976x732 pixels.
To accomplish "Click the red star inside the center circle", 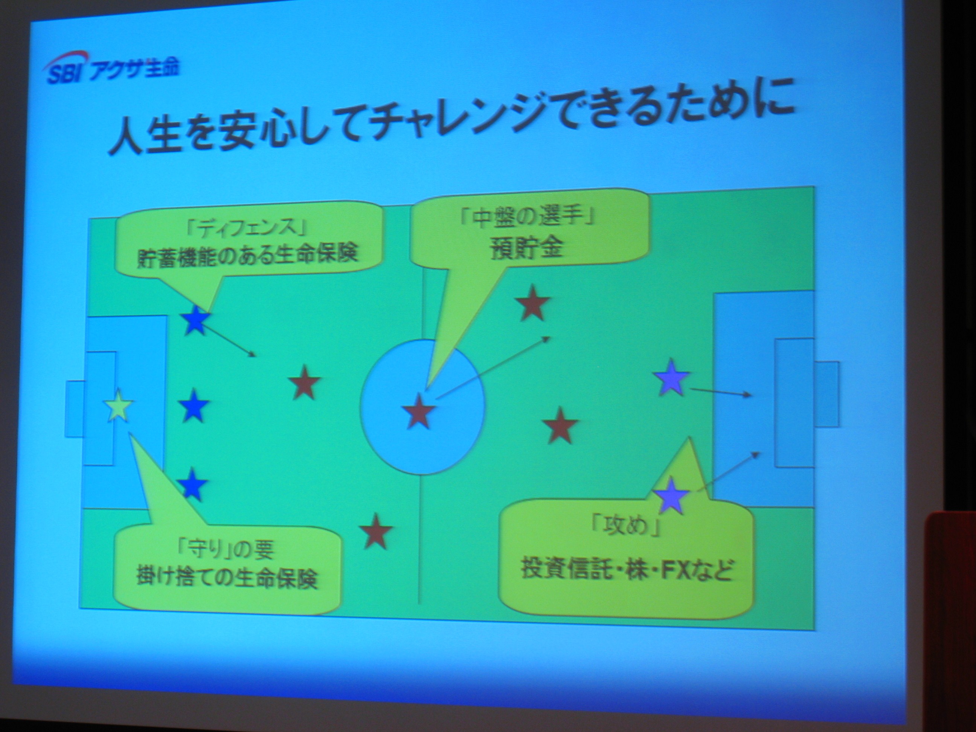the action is coord(418,411).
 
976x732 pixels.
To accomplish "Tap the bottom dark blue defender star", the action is coord(193,484).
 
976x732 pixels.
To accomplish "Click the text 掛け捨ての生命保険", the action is coord(226,578).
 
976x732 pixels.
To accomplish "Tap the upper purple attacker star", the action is coord(671,377).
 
